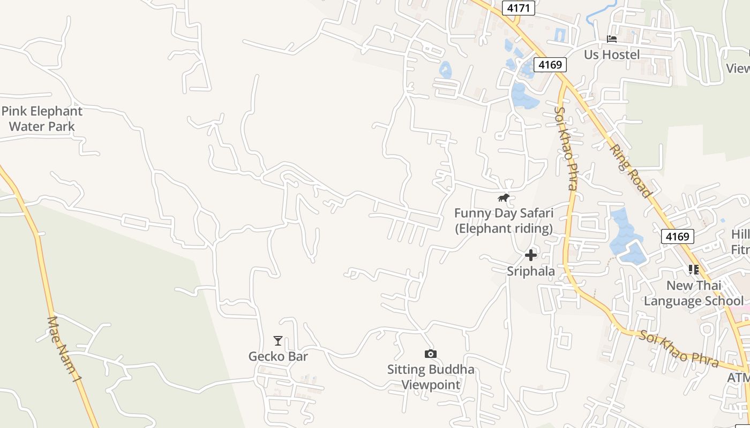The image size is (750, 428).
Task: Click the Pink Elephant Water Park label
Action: (x=42, y=119)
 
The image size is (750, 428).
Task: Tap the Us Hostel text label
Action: (x=612, y=55)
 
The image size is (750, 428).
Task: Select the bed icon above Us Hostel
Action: (x=612, y=39)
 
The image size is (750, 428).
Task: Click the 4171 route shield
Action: (x=519, y=8)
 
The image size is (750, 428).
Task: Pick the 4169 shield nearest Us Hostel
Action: (x=550, y=65)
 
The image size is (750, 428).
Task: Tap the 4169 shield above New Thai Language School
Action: (x=678, y=236)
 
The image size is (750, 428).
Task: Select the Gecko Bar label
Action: (x=278, y=356)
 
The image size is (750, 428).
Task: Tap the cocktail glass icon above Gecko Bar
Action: (x=277, y=341)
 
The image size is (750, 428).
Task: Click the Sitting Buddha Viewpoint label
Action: (x=431, y=377)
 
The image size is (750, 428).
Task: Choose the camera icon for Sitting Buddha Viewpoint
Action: (x=430, y=354)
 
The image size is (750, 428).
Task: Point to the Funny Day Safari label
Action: (x=504, y=220)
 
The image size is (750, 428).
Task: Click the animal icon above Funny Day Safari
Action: (x=503, y=198)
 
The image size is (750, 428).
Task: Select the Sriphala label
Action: (x=531, y=271)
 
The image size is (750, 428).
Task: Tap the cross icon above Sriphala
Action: (x=531, y=255)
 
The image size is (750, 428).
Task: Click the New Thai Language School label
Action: (x=694, y=293)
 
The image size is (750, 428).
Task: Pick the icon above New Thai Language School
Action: (x=694, y=270)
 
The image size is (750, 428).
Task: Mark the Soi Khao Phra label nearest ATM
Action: (x=678, y=349)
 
